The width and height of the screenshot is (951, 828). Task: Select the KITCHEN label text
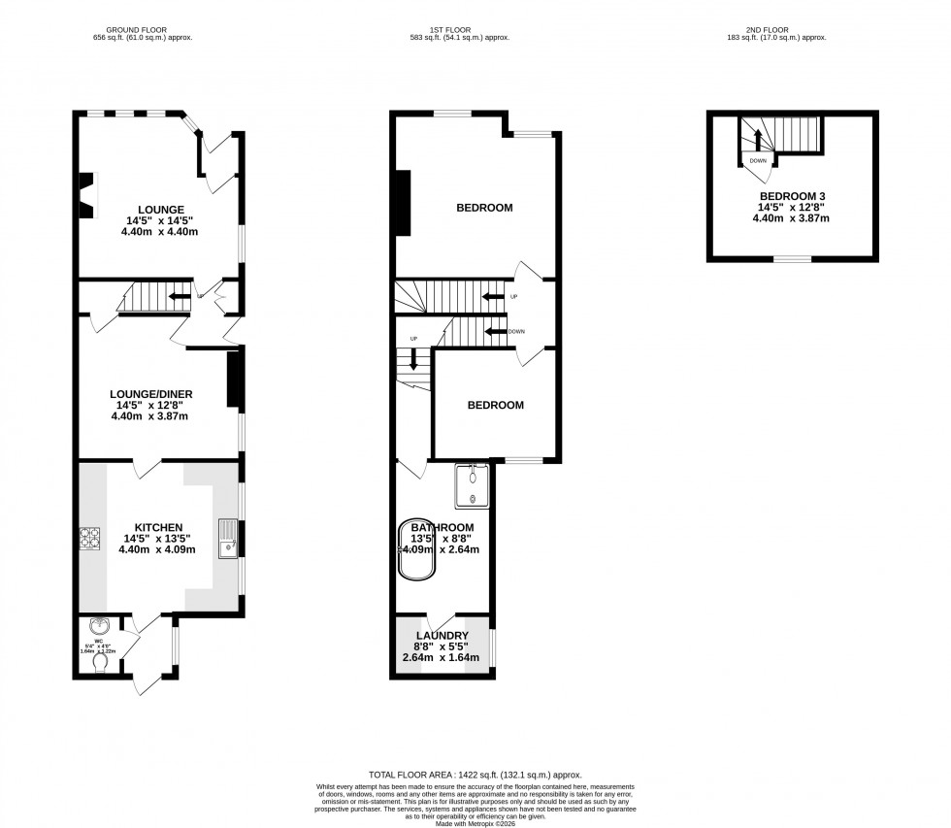point(158,527)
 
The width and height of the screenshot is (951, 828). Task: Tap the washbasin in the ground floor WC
point(97,626)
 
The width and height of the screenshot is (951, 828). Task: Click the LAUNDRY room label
point(442,636)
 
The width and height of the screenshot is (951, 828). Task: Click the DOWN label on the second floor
point(758,161)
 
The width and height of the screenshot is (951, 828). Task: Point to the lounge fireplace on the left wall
point(87,192)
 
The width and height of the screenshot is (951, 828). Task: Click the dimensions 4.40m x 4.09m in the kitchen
point(158,549)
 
